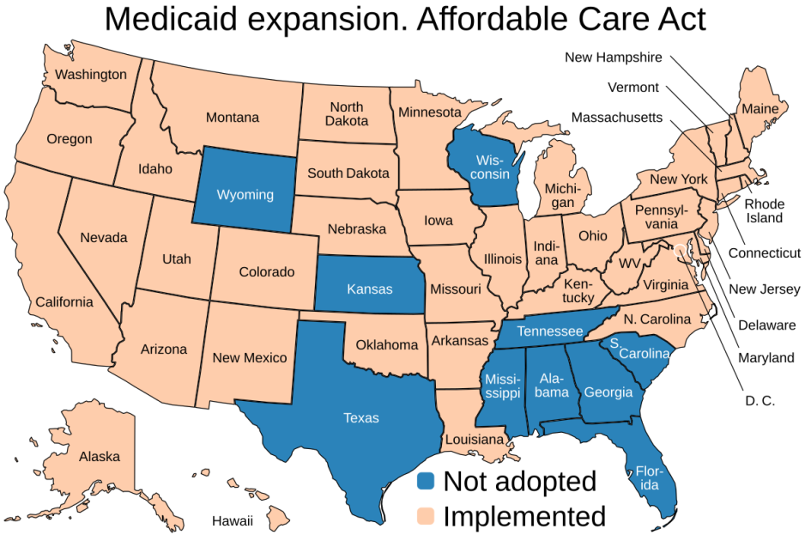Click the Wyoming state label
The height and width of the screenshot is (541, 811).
click(x=245, y=195)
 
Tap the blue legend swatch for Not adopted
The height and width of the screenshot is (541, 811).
click(x=427, y=482)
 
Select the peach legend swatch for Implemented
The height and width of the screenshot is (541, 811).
click(x=427, y=516)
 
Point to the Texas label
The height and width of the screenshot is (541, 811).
click(x=360, y=418)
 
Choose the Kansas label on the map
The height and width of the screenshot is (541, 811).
click(x=369, y=289)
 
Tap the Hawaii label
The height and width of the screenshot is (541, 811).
click(x=233, y=520)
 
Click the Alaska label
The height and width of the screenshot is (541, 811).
click(x=100, y=456)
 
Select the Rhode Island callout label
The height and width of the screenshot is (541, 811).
click(x=764, y=210)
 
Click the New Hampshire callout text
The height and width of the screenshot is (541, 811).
click(x=613, y=58)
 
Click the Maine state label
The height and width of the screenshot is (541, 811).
click(x=760, y=109)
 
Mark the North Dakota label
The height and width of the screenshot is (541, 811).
click(x=346, y=114)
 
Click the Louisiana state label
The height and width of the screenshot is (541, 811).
click(x=474, y=440)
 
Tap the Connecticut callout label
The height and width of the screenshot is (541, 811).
click(x=765, y=252)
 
